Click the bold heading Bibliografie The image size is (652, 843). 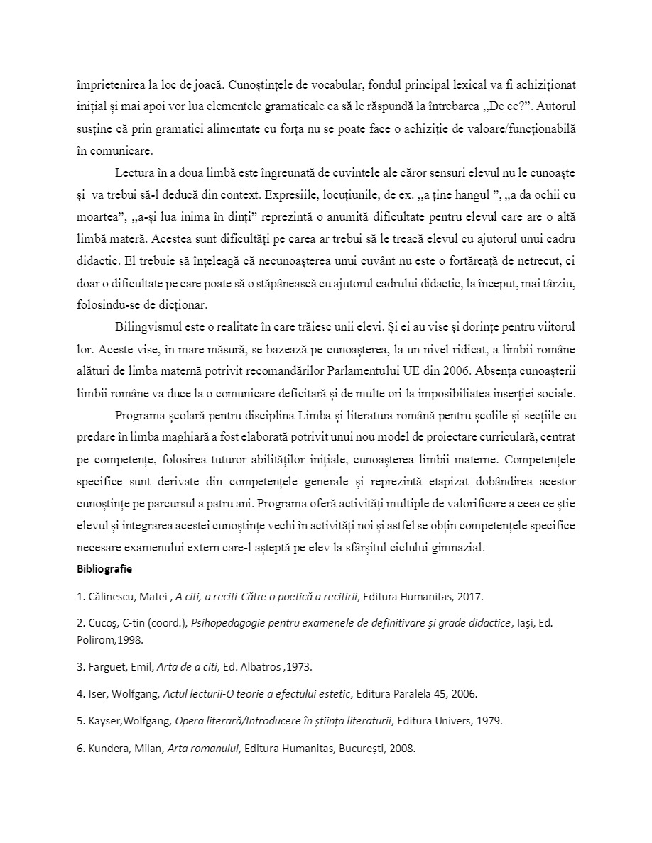point(104,568)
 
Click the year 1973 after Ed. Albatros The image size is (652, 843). point(299,667)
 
